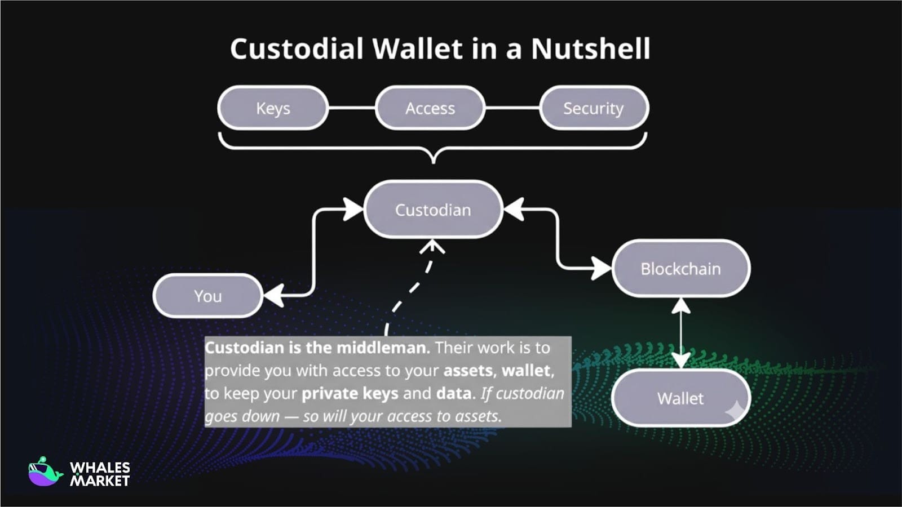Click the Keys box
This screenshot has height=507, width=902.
pyautogui.click(x=273, y=108)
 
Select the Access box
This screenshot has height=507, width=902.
pyautogui.click(x=430, y=108)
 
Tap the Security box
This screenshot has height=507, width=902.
pyautogui.click(x=594, y=108)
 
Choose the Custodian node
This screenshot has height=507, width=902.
pyautogui.click(x=433, y=210)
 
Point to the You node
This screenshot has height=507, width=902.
pyautogui.click(x=207, y=296)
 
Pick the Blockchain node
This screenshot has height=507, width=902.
pyautogui.click(x=680, y=269)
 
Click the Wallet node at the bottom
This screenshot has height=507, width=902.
pyautogui.click(x=680, y=398)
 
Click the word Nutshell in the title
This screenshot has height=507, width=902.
pyautogui.click(x=591, y=48)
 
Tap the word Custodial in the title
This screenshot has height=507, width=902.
pyautogui.click(x=297, y=48)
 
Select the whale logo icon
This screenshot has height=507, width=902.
pyautogui.click(x=45, y=472)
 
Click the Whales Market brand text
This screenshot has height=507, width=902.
pyautogui.click(x=100, y=474)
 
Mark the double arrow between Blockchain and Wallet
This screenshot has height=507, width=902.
pyautogui.click(x=681, y=333)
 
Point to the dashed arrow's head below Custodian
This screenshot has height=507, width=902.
pyautogui.click(x=432, y=246)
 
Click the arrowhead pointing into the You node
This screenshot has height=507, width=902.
pyautogui.click(x=274, y=295)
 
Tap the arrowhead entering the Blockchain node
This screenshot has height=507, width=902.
pyautogui.click(x=601, y=268)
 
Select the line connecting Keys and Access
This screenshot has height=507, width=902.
pyautogui.click(x=352, y=108)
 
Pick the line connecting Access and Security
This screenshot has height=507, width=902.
pyautogui.click(x=512, y=108)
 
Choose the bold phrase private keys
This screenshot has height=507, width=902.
pyautogui.click(x=350, y=393)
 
